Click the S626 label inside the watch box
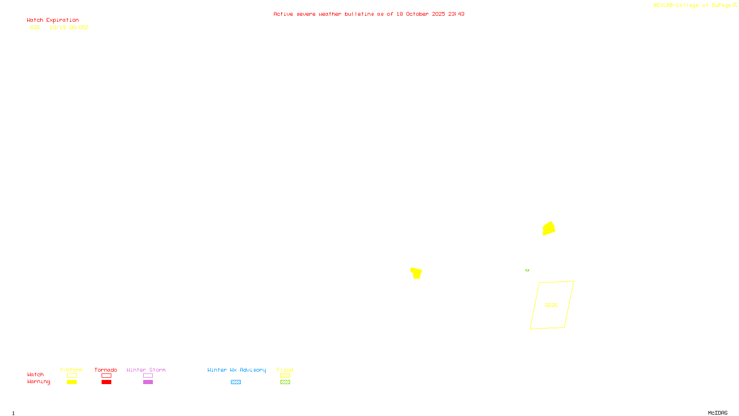(551, 305)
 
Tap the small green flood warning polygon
(527, 270)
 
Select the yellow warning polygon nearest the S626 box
(549, 228)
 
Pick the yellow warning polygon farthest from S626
(416, 273)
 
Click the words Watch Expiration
(53, 20)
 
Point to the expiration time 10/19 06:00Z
(69, 28)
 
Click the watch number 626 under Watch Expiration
(35, 28)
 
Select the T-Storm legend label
(71, 370)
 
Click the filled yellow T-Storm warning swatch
(72, 382)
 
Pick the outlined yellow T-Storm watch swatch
(72, 376)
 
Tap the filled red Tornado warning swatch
(106, 382)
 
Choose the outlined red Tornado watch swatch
(106, 376)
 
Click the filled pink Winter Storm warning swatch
(148, 382)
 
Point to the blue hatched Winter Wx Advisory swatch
(236, 382)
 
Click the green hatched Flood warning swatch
(285, 382)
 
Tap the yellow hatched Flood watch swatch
(285, 376)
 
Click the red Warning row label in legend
(38, 382)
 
